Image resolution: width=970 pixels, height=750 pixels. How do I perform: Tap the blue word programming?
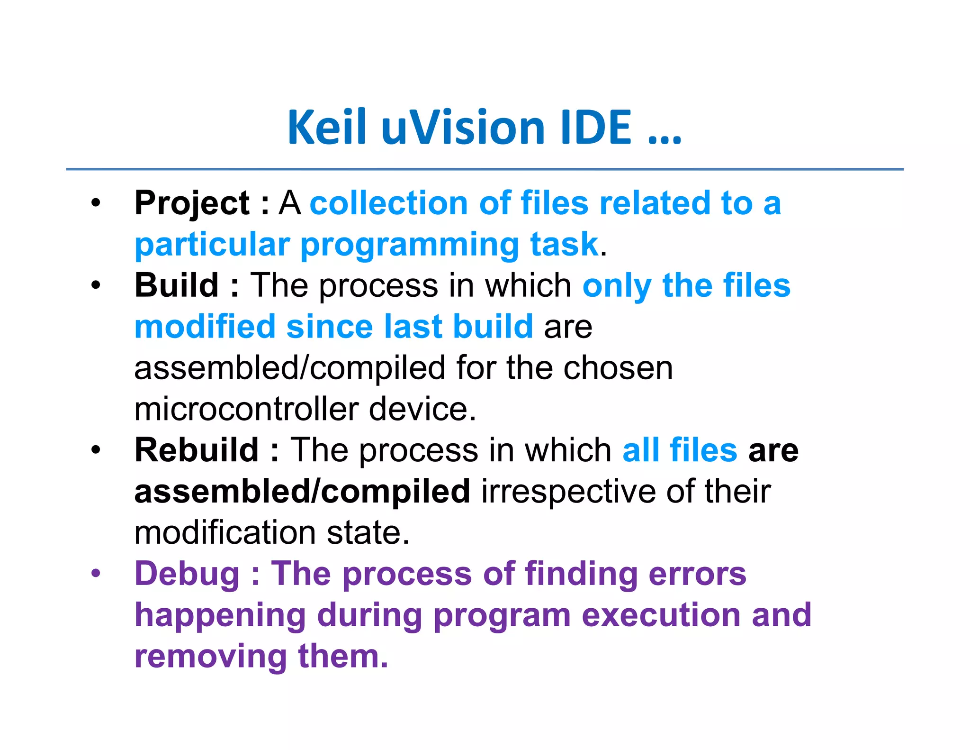tap(410, 246)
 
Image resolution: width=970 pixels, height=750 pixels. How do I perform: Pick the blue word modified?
tap(205, 327)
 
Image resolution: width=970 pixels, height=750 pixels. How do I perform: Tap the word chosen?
tap(618, 368)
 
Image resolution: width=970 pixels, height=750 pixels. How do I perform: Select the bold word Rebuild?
tap(197, 450)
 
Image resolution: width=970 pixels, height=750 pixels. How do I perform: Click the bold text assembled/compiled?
tap(302, 492)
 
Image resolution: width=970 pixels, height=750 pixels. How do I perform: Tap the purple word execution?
tap(661, 615)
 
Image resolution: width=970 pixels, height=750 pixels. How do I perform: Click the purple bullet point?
tap(96, 574)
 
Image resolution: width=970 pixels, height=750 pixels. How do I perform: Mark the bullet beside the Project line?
tap(96, 203)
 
